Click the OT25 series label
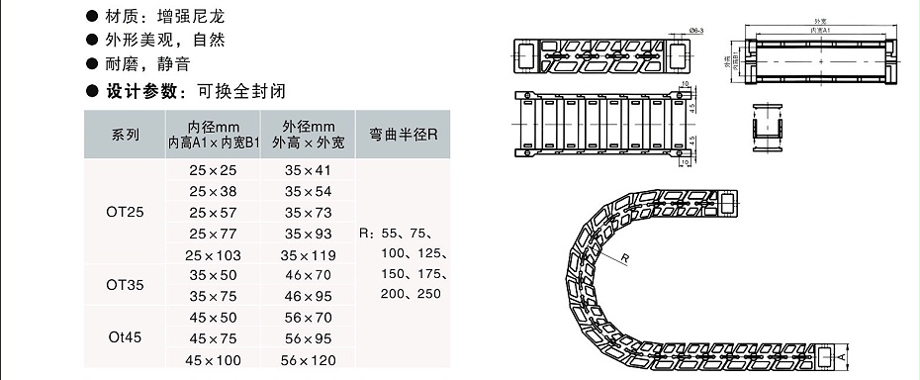(125, 211)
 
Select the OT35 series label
(125, 285)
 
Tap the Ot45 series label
(125, 336)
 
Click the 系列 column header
(125, 135)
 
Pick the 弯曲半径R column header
(403, 135)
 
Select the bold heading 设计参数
(138, 90)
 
